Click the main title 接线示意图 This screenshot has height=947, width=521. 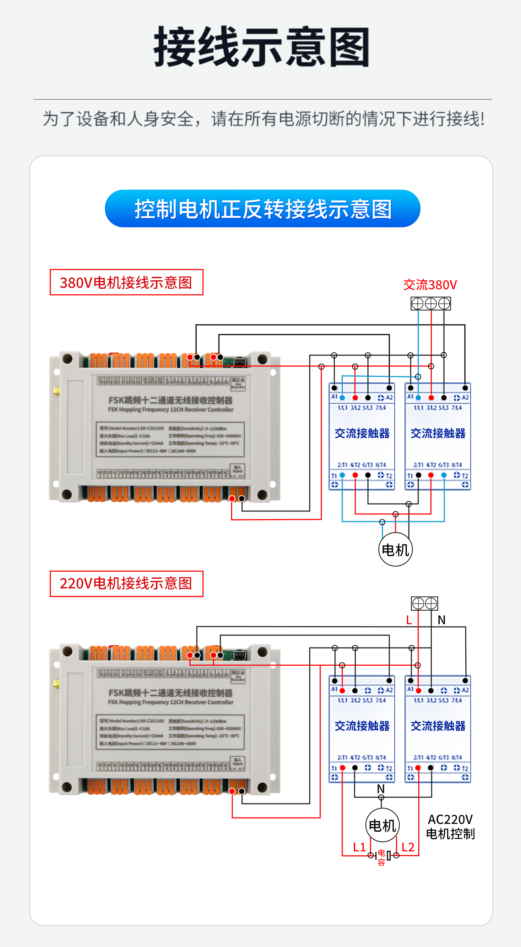point(261,47)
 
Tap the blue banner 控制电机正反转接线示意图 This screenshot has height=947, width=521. point(263,208)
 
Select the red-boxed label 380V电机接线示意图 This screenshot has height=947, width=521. point(126,283)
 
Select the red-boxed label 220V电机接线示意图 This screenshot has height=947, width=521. point(126,583)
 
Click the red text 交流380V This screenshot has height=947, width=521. point(430,285)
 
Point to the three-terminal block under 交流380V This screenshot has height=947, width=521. point(431,303)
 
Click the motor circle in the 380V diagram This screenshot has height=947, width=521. point(395,549)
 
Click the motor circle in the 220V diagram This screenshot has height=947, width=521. point(382,825)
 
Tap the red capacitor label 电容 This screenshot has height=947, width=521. point(381,857)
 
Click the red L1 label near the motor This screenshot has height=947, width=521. point(359,847)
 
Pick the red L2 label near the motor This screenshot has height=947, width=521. point(408,847)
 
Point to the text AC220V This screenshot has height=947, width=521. point(450,819)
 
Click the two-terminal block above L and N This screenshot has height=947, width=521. point(424,603)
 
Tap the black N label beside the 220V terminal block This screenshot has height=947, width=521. point(441,620)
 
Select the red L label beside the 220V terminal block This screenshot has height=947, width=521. point(409,620)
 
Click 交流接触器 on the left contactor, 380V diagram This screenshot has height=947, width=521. point(362,433)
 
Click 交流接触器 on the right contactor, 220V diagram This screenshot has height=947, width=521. point(438,726)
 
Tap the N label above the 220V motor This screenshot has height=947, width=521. point(381,789)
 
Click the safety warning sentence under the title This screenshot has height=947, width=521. point(263,119)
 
